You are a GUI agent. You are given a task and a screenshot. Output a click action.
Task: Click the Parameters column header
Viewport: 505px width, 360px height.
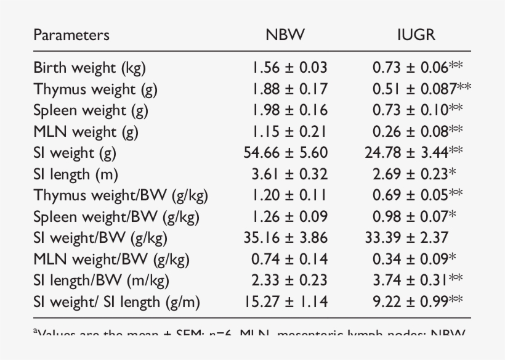(71, 35)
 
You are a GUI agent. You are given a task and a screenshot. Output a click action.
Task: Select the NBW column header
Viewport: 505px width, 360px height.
(285, 35)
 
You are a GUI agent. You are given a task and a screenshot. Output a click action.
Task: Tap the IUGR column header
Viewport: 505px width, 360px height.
(416, 35)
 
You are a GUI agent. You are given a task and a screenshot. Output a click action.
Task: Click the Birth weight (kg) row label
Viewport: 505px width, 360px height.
(89, 68)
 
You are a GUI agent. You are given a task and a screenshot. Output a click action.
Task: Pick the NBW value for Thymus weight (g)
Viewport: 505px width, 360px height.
(289, 89)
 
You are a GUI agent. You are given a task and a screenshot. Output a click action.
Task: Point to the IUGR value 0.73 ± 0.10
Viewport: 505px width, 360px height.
(411, 110)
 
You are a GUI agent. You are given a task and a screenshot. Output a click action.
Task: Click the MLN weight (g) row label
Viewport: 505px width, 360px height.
(86, 132)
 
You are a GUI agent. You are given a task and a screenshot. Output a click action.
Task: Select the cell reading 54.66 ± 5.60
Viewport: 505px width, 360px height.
(286, 153)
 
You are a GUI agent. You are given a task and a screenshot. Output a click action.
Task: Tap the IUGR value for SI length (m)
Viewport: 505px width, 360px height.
(410, 174)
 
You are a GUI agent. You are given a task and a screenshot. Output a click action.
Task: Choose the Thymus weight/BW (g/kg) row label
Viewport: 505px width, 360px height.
(121, 196)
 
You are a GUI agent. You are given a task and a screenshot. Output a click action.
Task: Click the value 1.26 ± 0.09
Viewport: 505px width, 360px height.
(289, 217)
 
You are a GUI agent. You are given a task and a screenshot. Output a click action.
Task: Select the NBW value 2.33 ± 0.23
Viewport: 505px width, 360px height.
(289, 280)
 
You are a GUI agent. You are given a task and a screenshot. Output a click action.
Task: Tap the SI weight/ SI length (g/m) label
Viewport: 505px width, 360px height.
(117, 302)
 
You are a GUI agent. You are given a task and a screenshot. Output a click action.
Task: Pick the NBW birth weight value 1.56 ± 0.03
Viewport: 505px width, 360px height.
(289, 68)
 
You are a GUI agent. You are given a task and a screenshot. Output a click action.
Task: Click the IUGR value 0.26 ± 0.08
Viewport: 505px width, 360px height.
(411, 132)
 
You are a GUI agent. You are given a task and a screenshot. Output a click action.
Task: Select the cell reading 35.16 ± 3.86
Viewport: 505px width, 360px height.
(286, 238)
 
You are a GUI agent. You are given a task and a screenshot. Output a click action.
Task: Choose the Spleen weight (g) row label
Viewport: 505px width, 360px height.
(91, 110)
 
